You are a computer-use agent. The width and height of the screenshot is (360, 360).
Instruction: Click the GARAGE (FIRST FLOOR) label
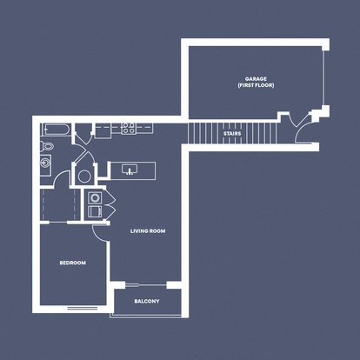(256, 82)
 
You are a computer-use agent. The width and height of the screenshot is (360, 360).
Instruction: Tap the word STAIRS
(232, 134)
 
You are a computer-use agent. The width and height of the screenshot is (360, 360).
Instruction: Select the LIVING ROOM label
(148, 231)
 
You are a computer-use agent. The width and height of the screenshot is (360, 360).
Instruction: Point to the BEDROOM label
(72, 263)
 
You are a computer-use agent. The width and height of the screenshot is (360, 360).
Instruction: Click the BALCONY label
(147, 301)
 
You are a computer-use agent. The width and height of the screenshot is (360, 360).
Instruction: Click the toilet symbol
(46, 145)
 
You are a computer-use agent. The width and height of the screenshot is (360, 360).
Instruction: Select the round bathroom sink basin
(45, 163)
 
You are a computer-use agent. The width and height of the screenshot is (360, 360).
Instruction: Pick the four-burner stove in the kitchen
(128, 128)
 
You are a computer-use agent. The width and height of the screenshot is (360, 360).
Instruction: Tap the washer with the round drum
(95, 197)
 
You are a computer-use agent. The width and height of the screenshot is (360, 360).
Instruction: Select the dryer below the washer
(95, 211)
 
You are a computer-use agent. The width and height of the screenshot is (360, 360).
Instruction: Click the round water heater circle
(84, 177)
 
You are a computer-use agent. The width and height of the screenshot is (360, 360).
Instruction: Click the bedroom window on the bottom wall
(83, 309)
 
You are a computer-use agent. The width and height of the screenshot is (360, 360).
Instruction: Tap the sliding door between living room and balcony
(146, 285)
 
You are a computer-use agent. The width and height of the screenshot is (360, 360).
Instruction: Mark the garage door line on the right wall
(324, 78)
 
